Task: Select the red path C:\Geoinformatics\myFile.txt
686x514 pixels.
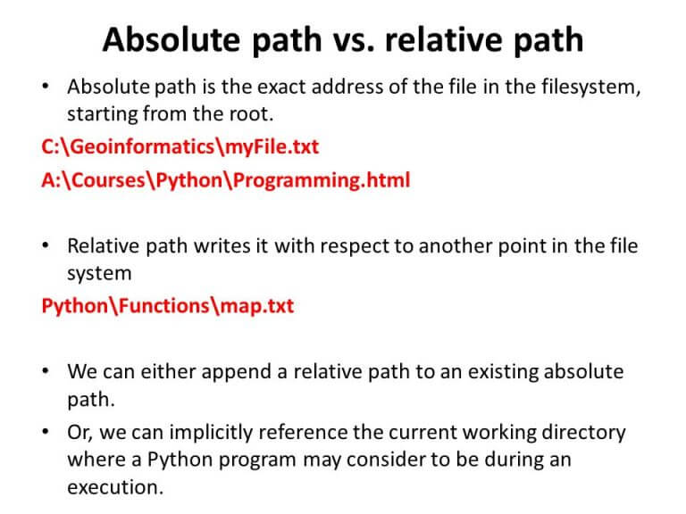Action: tap(180, 146)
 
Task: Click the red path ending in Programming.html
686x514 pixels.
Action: tap(225, 180)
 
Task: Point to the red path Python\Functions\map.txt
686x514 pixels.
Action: tap(167, 306)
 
